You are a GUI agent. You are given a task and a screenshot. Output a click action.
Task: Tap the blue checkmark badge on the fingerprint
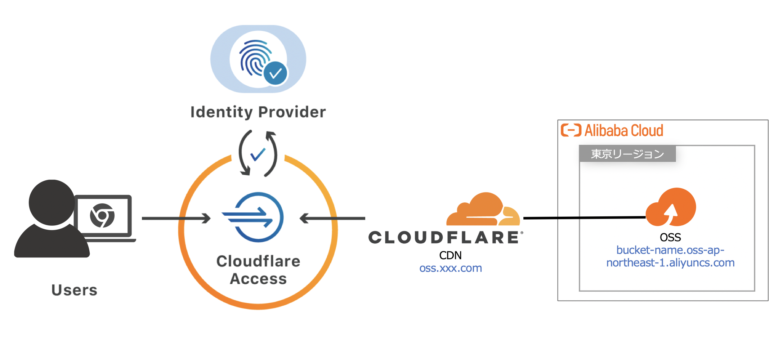pos(276,73)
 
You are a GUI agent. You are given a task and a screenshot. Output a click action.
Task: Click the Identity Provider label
pos(258,112)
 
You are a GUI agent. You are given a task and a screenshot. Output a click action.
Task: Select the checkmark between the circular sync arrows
pos(258,154)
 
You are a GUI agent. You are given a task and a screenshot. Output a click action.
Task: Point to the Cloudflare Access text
pos(258,270)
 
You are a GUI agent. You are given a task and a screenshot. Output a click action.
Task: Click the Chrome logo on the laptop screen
pos(102,216)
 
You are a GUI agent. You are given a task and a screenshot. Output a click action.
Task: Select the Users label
pos(74,290)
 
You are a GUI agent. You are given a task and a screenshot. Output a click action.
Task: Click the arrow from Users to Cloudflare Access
pos(176,218)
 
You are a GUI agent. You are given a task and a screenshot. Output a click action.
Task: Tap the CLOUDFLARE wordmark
pos(445,237)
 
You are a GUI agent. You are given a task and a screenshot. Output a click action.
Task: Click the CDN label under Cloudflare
pos(450,255)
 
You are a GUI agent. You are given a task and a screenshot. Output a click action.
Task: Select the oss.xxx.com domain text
pos(451,268)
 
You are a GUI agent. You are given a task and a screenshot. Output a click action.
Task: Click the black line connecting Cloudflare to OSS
pos(583,218)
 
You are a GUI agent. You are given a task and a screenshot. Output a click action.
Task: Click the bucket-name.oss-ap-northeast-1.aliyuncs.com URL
pos(670,256)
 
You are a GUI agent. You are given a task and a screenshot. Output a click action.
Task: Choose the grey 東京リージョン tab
pos(627,154)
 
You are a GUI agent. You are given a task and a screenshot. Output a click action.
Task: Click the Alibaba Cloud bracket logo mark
pos(571,130)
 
